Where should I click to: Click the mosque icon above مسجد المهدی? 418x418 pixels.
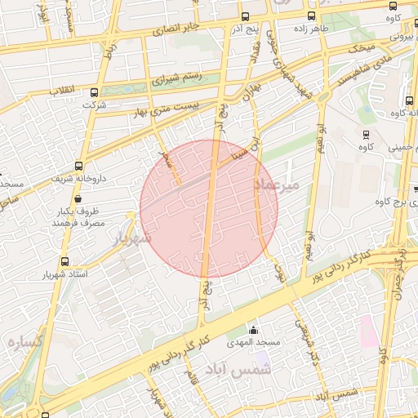254,331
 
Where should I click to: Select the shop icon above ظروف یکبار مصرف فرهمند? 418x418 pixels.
78,198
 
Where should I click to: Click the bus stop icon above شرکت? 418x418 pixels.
95,92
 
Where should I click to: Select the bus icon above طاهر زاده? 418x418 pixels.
310,16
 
